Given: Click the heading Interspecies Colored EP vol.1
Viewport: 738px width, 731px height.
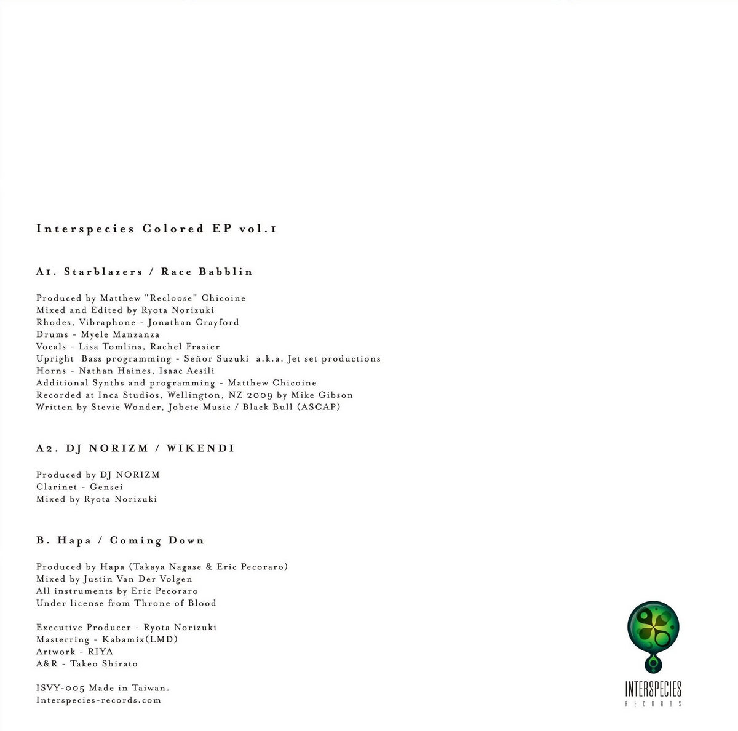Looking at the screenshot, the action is (x=156, y=229).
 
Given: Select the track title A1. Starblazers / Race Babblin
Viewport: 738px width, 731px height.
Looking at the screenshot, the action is (x=145, y=271).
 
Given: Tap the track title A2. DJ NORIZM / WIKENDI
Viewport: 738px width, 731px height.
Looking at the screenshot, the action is (x=135, y=448).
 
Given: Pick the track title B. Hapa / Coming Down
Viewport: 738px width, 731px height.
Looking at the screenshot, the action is (x=120, y=540).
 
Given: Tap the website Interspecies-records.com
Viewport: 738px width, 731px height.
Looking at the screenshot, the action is (x=98, y=700).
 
